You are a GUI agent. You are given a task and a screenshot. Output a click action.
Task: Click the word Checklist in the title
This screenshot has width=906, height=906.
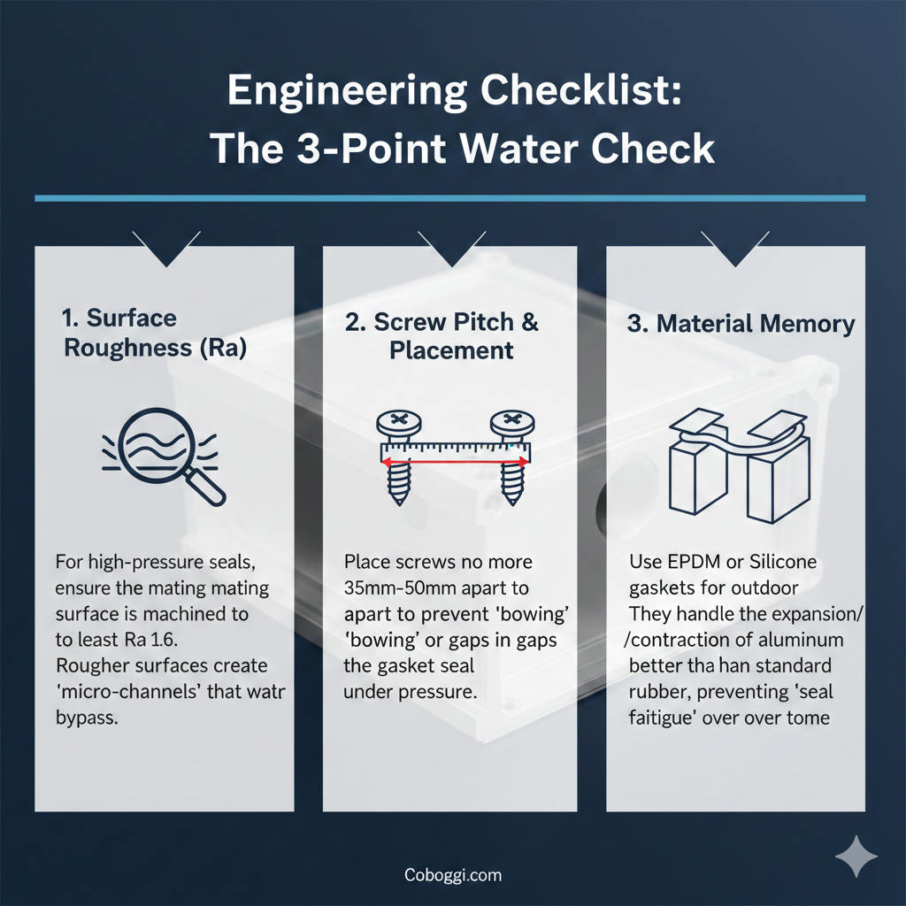(x=580, y=90)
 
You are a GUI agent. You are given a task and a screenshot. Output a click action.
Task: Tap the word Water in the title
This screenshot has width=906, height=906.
(x=518, y=149)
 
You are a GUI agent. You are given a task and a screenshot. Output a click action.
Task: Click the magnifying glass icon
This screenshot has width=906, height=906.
(x=164, y=456)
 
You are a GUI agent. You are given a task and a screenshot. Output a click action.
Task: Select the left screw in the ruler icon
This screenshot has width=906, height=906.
(x=399, y=457)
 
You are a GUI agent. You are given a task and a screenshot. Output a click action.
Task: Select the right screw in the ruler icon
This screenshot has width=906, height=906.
(x=512, y=457)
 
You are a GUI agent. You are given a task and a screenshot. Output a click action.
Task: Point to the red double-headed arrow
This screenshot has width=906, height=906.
(x=455, y=462)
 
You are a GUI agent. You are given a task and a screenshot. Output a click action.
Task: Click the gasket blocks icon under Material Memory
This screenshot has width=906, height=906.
(x=740, y=465)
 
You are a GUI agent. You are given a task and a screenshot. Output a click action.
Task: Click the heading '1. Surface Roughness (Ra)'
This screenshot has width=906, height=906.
(x=155, y=333)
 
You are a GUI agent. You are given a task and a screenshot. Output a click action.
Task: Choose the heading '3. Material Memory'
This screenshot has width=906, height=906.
(x=741, y=324)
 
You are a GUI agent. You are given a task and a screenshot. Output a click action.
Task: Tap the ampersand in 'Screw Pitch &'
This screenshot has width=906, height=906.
(x=530, y=322)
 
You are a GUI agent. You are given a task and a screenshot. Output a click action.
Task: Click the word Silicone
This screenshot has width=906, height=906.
(x=783, y=562)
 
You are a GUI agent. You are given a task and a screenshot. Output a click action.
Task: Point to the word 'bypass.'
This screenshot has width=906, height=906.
(x=87, y=718)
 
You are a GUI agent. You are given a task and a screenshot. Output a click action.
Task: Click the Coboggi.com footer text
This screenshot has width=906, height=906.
(x=453, y=875)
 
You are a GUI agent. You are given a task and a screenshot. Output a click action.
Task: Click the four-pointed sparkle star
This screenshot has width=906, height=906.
(x=856, y=856)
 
